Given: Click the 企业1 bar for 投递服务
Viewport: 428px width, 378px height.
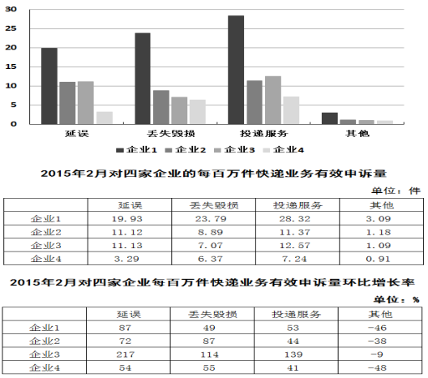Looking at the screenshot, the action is tap(236, 70).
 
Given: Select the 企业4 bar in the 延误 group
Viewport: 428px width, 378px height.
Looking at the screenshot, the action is tap(105, 118).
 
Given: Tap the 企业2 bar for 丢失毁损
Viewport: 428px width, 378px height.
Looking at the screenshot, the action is tap(161, 107).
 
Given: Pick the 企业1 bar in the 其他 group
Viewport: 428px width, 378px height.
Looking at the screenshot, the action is tap(330, 118).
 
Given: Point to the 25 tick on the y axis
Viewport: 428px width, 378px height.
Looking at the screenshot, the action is tap(11, 28).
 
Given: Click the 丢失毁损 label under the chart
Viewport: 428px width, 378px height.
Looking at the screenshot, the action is tap(171, 134).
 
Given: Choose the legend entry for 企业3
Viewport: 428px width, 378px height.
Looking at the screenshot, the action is tap(234, 150).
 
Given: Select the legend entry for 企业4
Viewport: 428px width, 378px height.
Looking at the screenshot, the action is tap(284, 150).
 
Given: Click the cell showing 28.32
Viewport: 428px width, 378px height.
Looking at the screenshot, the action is tap(294, 219).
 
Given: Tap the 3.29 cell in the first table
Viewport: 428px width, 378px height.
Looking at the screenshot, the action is tap(126, 259).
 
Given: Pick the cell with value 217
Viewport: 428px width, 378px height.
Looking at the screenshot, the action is tap(126, 354).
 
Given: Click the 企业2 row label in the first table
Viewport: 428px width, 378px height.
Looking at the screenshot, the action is tap(46, 232).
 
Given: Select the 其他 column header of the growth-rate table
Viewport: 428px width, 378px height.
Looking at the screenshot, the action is tap(380, 315).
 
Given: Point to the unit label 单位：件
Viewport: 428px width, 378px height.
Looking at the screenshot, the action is tap(396, 191).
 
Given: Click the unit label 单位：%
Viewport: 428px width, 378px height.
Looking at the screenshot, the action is tap(396, 299).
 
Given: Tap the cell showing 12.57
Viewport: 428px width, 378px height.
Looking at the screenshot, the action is tap(295, 246).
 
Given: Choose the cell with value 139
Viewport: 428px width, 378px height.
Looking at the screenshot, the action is tap(293, 354).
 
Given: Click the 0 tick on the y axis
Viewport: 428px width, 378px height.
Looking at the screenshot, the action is tap(13, 124).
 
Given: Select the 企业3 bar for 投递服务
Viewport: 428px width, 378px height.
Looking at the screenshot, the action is tap(273, 101).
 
